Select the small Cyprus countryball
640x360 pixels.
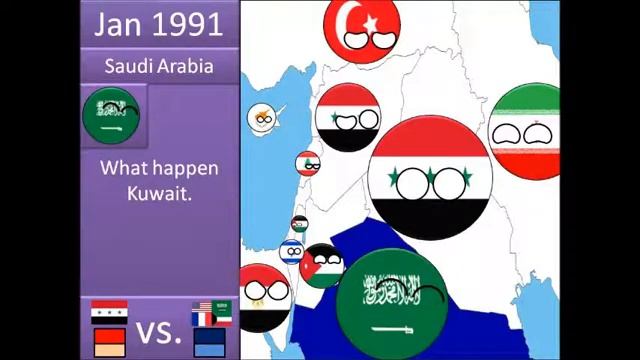click(x=262, y=117)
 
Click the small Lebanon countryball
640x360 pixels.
click(x=308, y=163)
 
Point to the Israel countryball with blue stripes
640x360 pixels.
click(x=291, y=250)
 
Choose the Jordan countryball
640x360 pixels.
click(x=322, y=266)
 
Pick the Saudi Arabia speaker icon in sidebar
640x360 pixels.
click(x=111, y=116)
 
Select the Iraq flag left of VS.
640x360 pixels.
click(x=109, y=312)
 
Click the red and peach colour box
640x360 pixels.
click(x=109, y=344)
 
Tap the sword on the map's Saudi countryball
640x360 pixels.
click(x=388, y=327)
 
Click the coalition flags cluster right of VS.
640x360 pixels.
click(x=211, y=312)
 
